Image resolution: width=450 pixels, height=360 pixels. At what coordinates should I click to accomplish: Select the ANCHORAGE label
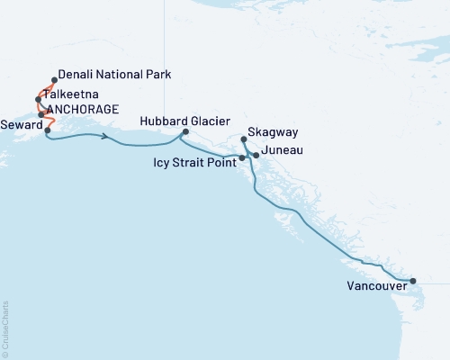point(83,110)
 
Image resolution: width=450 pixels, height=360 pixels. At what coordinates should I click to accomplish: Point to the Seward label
point(21,125)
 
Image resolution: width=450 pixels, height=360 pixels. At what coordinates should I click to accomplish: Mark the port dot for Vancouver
point(412,282)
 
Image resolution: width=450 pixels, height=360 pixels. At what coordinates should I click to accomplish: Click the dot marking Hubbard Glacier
point(185,132)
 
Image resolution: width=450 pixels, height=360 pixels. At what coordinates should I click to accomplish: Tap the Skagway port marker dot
point(244,139)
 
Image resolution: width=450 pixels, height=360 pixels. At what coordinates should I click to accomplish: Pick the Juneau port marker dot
point(256,156)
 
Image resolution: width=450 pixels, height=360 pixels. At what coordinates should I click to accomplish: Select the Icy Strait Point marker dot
point(242,158)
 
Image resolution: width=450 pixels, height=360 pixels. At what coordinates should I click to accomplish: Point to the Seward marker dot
point(47,130)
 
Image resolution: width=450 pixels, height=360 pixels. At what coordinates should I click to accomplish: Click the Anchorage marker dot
point(42,114)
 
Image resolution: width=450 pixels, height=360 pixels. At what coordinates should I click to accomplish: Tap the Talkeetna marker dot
point(38,99)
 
